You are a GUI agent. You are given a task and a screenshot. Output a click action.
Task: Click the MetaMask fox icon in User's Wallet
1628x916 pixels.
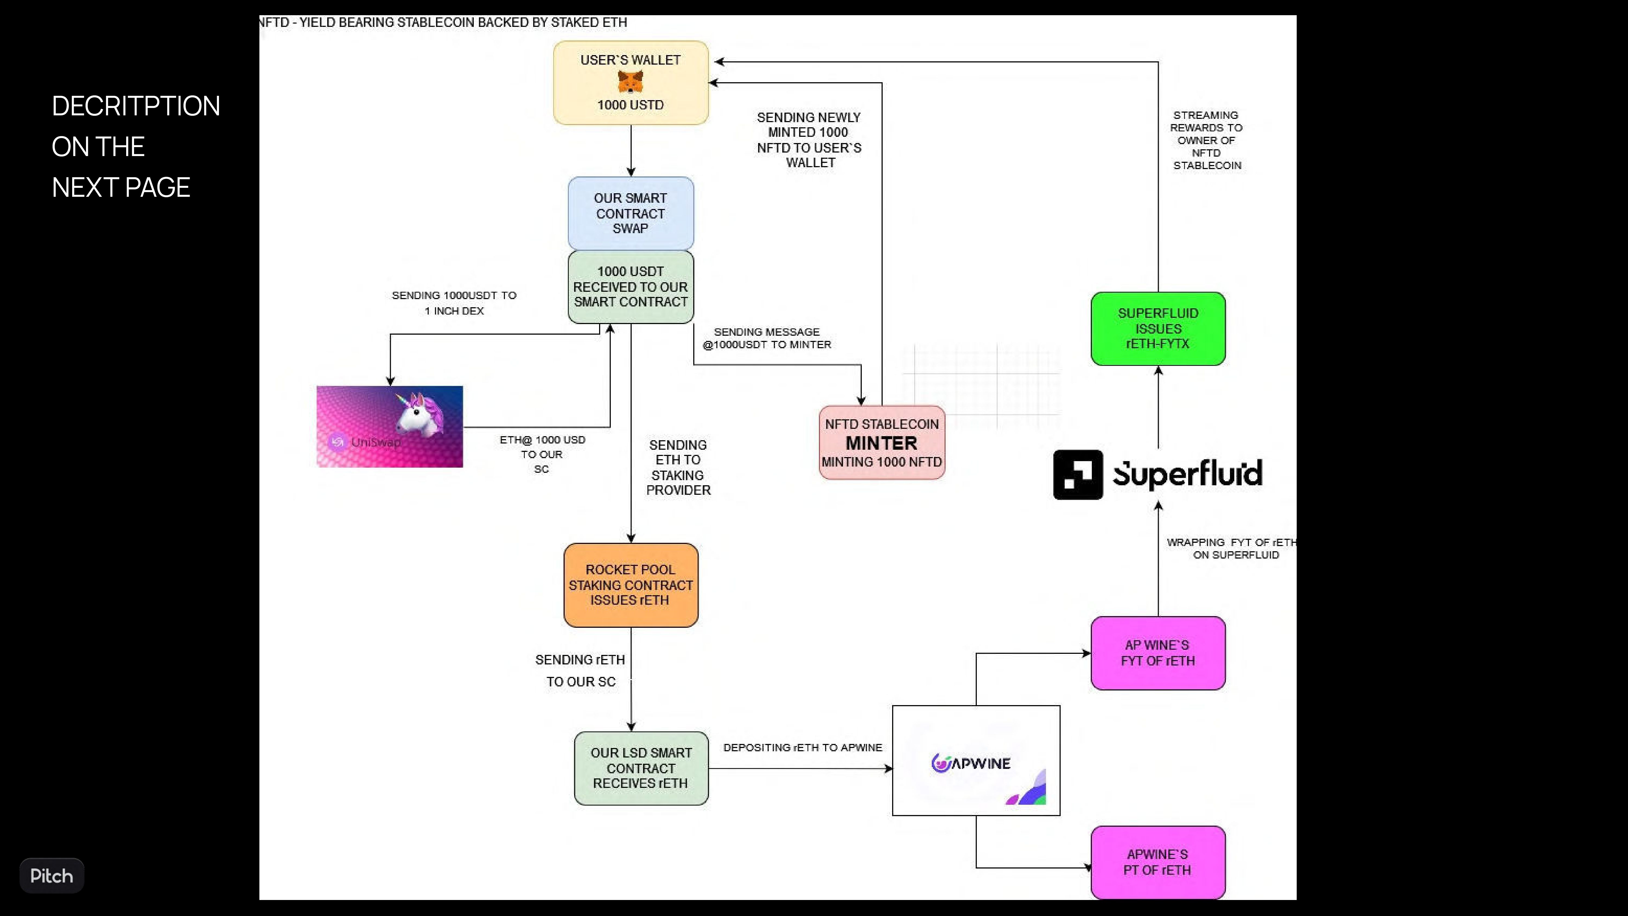click(x=630, y=82)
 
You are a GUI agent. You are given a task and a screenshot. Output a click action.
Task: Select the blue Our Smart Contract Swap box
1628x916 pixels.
click(x=631, y=213)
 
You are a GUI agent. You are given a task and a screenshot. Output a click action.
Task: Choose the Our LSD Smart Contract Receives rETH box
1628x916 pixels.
click(x=641, y=768)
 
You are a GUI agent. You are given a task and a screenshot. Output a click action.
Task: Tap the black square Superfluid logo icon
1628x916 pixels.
click(x=1078, y=475)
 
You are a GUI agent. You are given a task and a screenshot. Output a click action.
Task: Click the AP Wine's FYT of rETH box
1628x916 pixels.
click(x=1158, y=653)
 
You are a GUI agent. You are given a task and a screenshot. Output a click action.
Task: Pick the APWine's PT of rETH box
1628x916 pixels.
click(x=1158, y=862)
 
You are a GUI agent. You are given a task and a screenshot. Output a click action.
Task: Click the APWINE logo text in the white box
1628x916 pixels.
click(x=971, y=763)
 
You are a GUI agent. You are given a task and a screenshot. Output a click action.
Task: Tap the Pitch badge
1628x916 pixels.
click(x=52, y=876)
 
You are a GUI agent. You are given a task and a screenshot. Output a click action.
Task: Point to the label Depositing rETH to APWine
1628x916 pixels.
click(x=803, y=747)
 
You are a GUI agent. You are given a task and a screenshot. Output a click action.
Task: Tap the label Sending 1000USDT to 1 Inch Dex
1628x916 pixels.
click(x=454, y=303)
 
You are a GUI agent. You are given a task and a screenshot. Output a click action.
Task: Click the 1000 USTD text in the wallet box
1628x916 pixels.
click(x=630, y=105)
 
